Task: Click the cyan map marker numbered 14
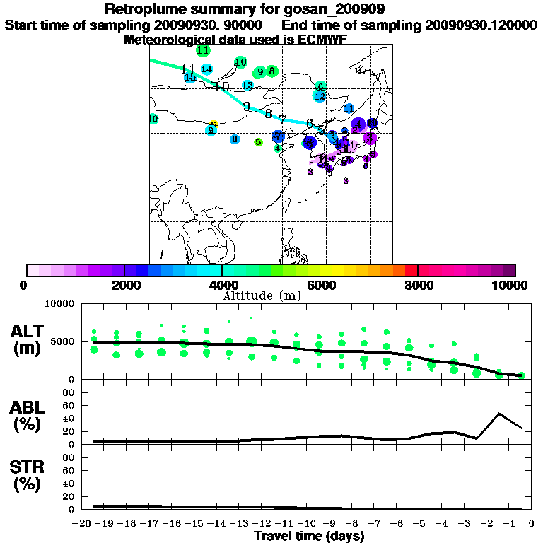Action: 206,69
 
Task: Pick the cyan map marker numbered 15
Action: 189,77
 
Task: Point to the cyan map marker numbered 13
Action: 247,85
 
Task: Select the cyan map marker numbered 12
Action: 320,96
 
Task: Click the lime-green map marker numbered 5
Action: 258,142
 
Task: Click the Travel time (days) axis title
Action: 309,537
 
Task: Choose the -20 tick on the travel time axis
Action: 83,523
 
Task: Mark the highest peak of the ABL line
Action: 499,413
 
